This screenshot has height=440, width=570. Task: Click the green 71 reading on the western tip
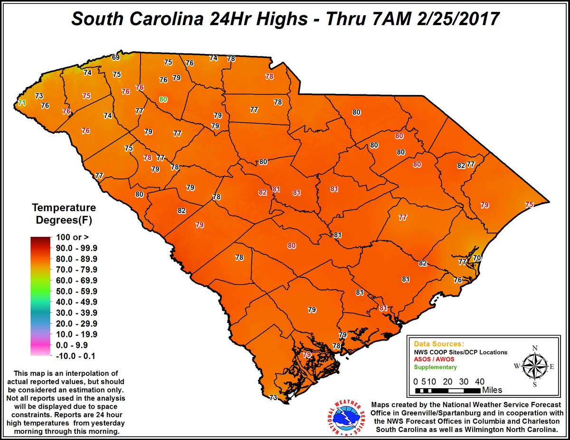(x=21, y=103)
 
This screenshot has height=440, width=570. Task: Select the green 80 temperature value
(x=163, y=99)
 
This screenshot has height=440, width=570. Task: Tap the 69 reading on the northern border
(x=115, y=58)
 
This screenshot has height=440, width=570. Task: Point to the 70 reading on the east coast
(x=477, y=258)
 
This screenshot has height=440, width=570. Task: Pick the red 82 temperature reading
(x=263, y=192)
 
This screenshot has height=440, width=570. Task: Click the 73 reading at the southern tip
(x=273, y=398)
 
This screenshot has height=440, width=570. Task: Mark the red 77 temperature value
(x=402, y=217)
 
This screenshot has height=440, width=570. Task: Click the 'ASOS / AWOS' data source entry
(x=435, y=359)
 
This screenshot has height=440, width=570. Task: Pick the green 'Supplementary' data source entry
(x=435, y=367)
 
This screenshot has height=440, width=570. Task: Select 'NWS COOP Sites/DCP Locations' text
(x=460, y=352)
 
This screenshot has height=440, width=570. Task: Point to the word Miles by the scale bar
(x=492, y=390)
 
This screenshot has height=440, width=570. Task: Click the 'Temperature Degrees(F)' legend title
(x=64, y=214)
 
